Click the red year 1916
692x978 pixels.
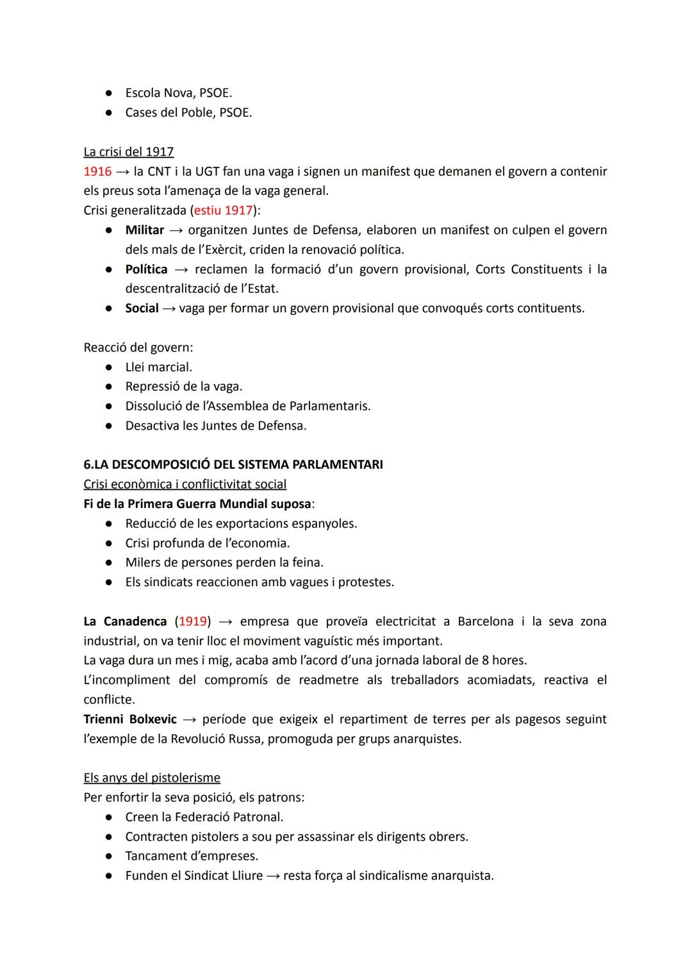[x=97, y=172]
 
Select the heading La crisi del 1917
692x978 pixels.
[x=129, y=152]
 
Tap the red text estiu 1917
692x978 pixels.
[x=223, y=210]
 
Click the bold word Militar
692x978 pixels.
[x=145, y=230]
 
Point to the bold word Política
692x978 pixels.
[x=147, y=269]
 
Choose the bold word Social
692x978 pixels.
[x=142, y=308]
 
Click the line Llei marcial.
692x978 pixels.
[x=159, y=367]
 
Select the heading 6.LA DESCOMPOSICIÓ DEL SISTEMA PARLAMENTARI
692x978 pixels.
[x=233, y=464]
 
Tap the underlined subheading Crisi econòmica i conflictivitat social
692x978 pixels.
[x=185, y=484]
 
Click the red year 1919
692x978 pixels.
[x=193, y=621]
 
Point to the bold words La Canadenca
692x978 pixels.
[x=125, y=621]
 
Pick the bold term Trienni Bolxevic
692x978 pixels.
[x=130, y=720]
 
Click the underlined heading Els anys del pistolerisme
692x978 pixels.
[x=152, y=778]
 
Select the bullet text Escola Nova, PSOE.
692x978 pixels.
[x=179, y=94]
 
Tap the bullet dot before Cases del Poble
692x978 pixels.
[x=110, y=113]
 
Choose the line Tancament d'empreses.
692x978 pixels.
[x=192, y=856]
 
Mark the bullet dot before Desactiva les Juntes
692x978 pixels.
[x=110, y=426]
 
